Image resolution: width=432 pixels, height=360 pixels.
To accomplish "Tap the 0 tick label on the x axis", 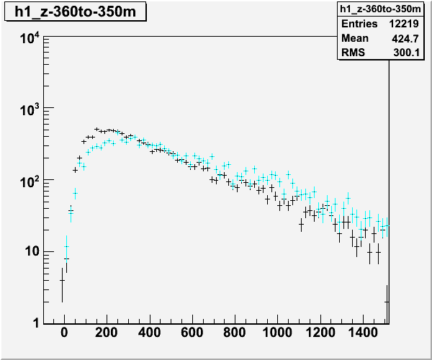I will (x=64, y=333).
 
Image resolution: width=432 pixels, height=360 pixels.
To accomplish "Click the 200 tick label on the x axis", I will (x=107, y=333).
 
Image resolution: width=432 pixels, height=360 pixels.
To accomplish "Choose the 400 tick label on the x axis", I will (x=149, y=333).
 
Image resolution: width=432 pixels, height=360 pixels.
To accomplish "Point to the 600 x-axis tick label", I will (x=192, y=333).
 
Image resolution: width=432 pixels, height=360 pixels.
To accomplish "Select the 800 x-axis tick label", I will (x=234, y=333).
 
